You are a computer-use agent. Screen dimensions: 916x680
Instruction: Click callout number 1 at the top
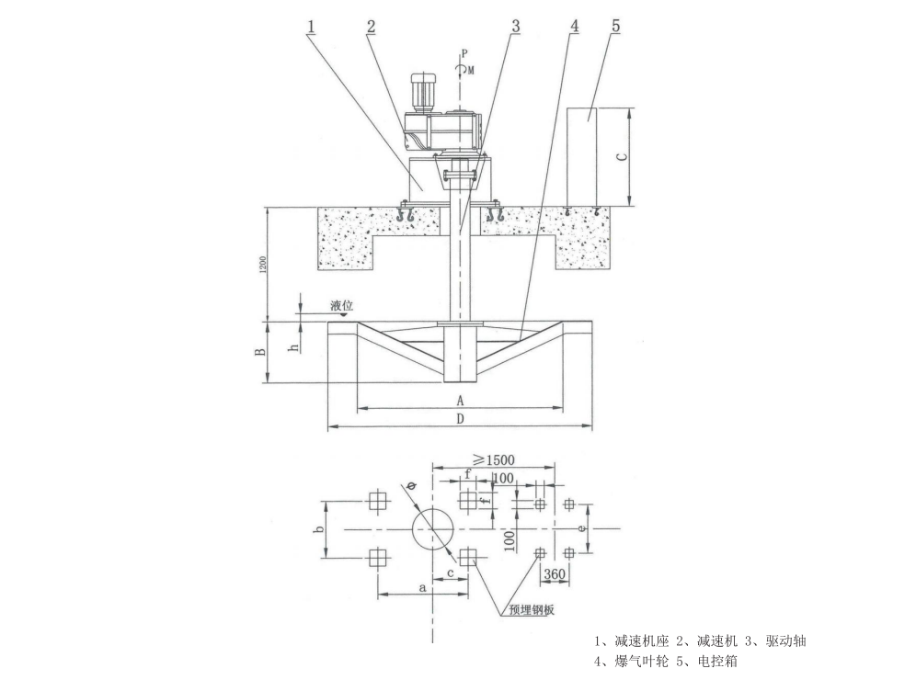point(312,27)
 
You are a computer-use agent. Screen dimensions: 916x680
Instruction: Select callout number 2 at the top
point(371,27)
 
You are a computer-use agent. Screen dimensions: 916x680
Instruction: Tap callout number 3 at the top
point(515,27)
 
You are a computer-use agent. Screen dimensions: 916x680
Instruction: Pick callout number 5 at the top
point(616,27)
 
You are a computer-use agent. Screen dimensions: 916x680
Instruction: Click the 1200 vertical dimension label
point(263,264)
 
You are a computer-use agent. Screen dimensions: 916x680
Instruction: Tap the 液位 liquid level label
point(342,305)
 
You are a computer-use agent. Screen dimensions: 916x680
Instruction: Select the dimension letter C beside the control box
point(623,156)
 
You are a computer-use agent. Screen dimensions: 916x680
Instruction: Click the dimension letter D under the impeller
point(461,418)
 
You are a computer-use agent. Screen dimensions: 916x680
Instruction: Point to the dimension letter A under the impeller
point(461,401)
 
